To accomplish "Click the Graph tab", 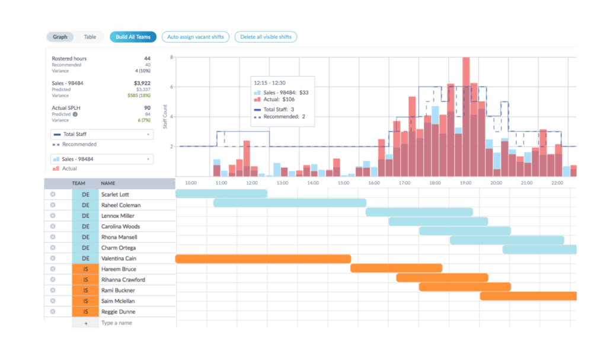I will (60, 37).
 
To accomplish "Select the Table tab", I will (90, 37).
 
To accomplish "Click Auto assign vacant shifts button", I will (196, 37).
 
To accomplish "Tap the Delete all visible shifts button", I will (266, 37).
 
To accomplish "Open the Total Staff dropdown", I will (102, 135).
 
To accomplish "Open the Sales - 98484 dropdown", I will (102, 159).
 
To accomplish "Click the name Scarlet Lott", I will (115, 195).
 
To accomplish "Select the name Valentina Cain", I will (119, 259).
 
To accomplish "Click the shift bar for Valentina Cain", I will (263, 259).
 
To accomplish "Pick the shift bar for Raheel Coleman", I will (289, 203).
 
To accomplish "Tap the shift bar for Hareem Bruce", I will (396, 268).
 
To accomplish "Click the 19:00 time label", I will (465, 183).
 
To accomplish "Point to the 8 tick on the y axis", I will (171, 58).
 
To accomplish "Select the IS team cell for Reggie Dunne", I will (85, 312).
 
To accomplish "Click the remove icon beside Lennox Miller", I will (53, 216).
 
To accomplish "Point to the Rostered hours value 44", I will (146, 59).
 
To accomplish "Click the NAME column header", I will (107, 184).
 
